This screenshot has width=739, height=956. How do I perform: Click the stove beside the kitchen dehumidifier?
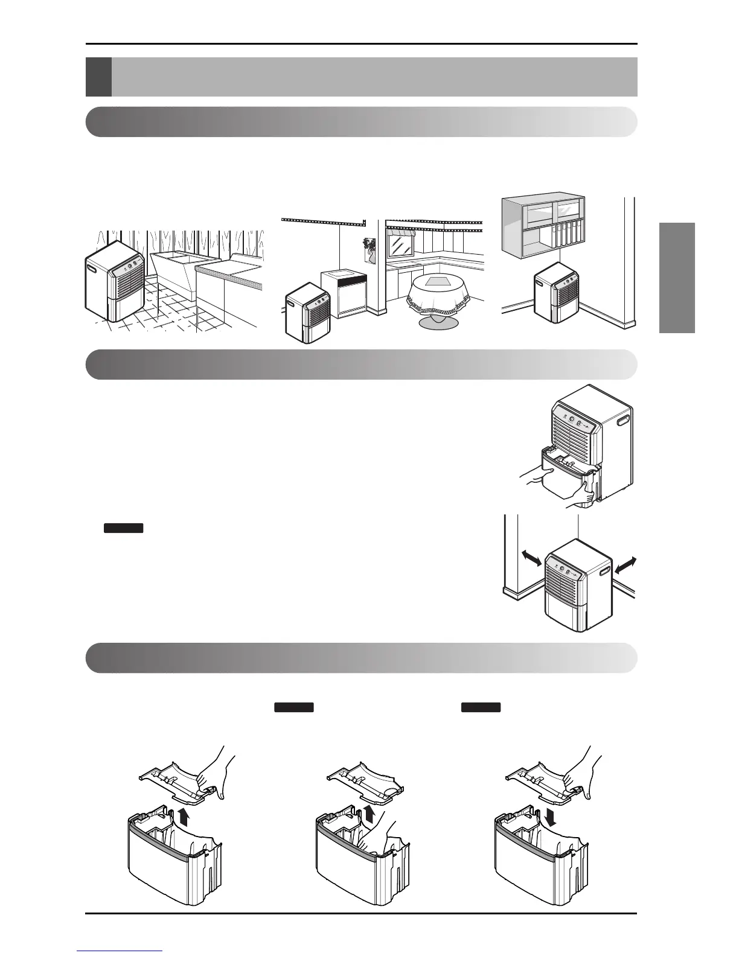point(344,296)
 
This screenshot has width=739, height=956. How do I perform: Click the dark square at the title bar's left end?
point(98,77)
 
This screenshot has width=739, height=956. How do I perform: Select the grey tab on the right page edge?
point(677,278)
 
